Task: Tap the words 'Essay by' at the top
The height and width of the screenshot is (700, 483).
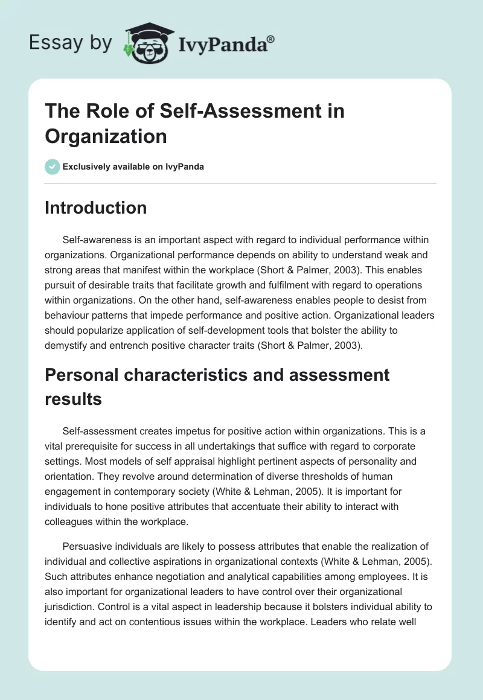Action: pyautogui.click(x=70, y=42)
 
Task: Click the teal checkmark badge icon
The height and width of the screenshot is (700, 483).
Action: pyautogui.click(x=53, y=167)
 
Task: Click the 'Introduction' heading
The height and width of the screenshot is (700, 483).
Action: pyautogui.click(x=96, y=208)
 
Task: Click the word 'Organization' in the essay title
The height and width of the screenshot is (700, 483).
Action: pyautogui.click(x=106, y=136)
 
